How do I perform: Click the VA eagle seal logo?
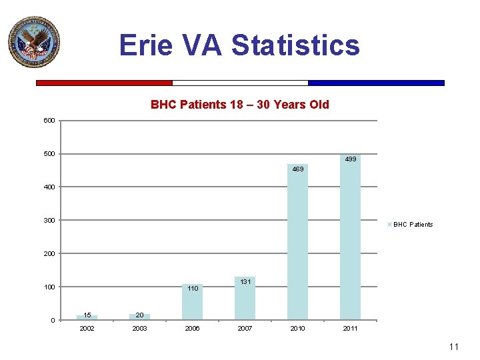point(34,43)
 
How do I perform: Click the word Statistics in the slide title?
point(295,45)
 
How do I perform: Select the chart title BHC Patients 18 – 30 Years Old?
point(239,105)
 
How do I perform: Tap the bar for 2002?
point(87,317)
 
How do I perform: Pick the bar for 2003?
point(139,316)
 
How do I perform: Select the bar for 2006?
point(192,303)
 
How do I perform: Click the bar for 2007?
point(245,299)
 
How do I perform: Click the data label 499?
point(351,159)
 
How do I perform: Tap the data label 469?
point(298,169)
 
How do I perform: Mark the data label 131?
point(245,282)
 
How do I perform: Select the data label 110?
point(193,289)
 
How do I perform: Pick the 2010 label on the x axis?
point(298,329)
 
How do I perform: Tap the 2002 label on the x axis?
point(87,329)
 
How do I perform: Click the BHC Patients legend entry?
point(412,225)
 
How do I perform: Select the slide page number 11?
point(454,347)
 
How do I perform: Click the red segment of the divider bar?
point(104,83)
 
